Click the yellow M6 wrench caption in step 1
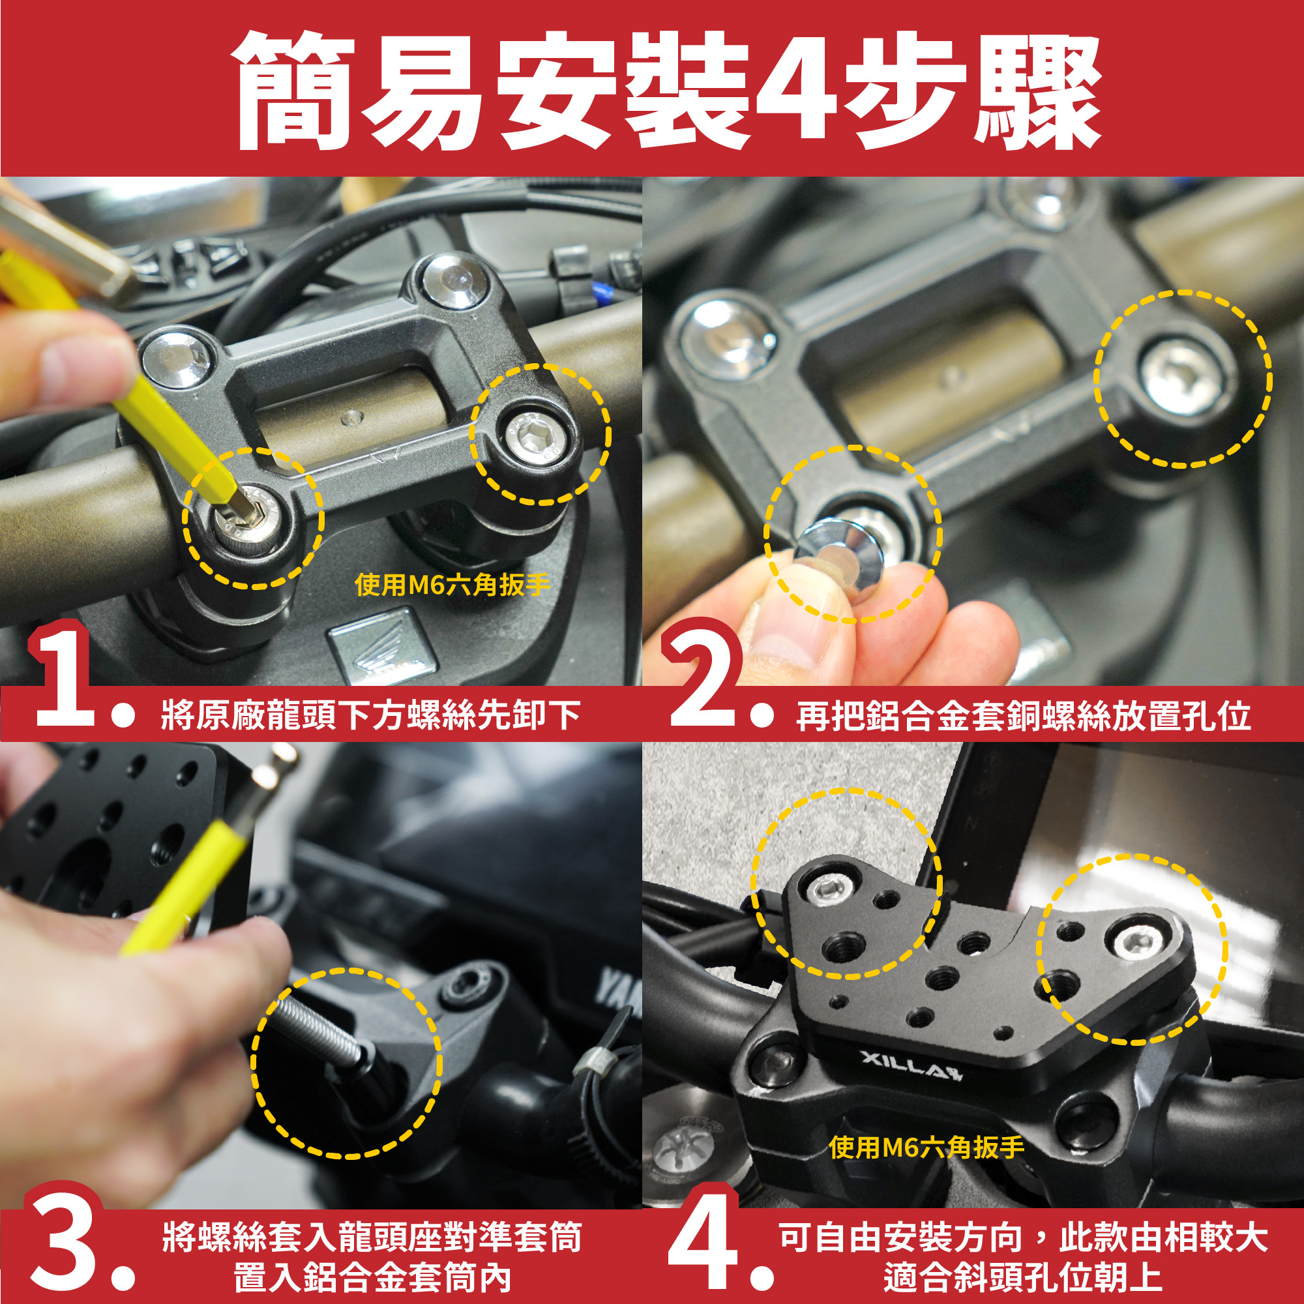pyautogui.click(x=453, y=584)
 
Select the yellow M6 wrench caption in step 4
pyautogui.click(x=926, y=1146)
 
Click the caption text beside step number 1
pyautogui.click(x=370, y=714)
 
